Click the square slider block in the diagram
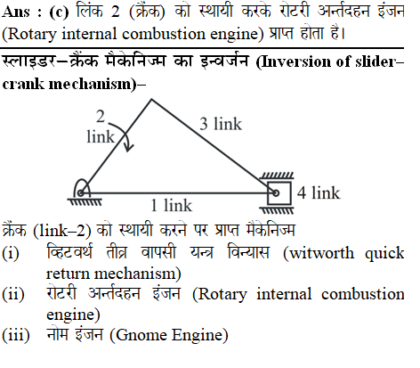279,193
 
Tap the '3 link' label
221,124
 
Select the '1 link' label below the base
171,205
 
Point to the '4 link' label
319,192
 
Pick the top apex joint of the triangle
152,99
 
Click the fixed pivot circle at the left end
80,193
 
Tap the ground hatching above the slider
277,176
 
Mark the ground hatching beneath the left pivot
85,202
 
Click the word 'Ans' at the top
16,12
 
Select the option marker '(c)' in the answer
59,12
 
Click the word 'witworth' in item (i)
319,253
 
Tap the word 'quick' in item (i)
384,254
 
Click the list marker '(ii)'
13,294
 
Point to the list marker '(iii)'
16,335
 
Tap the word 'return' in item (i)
68,274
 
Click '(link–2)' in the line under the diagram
61,231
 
